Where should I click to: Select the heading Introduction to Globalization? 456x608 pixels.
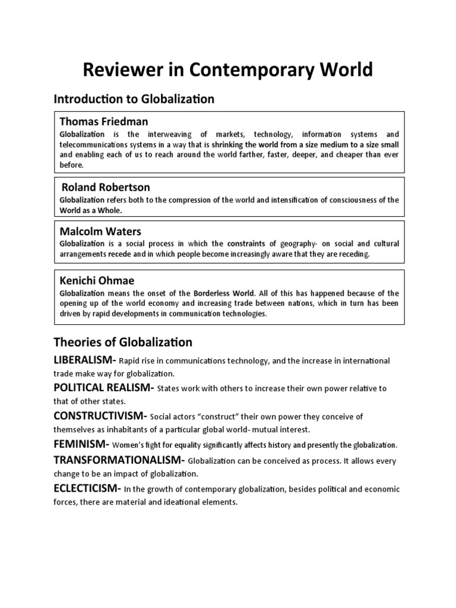click(x=134, y=99)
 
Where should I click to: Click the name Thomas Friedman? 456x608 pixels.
click(x=104, y=122)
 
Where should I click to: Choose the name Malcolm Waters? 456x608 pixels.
click(x=100, y=231)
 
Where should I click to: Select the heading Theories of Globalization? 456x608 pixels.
click(x=123, y=342)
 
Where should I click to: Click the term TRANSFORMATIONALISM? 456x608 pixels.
click(x=118, y=460)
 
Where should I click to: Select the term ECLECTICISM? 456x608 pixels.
click(x=85, y=488)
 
